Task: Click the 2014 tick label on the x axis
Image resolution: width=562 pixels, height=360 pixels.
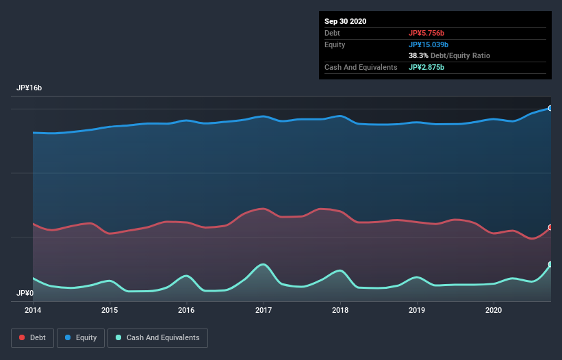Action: point(33,310)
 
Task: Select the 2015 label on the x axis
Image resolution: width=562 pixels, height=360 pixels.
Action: point(110,310)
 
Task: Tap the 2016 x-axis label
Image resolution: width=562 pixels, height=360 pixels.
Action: point(186,310)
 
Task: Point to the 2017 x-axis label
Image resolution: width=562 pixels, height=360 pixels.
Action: point(264,310)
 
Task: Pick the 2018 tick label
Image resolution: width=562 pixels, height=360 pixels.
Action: point(340,310)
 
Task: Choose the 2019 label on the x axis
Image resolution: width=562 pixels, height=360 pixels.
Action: point(417,310)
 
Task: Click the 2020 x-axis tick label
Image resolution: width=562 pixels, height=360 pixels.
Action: point(494,310)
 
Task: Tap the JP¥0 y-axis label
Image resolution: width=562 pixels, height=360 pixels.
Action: point(25,293)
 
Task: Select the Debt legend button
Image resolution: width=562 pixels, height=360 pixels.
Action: point(31,337)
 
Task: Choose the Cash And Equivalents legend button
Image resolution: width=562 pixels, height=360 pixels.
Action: point(157,337)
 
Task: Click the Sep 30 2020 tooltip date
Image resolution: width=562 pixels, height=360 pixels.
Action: point(345,21)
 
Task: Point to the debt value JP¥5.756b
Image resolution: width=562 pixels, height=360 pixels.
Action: point(426,33)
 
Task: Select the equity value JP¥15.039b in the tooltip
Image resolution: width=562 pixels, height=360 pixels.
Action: point(429,44)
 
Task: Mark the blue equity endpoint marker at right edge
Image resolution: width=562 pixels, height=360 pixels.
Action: point(550,108)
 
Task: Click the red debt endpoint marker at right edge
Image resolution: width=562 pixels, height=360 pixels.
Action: point(550,227)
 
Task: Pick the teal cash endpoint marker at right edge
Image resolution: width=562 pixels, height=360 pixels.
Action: point(550,264)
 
